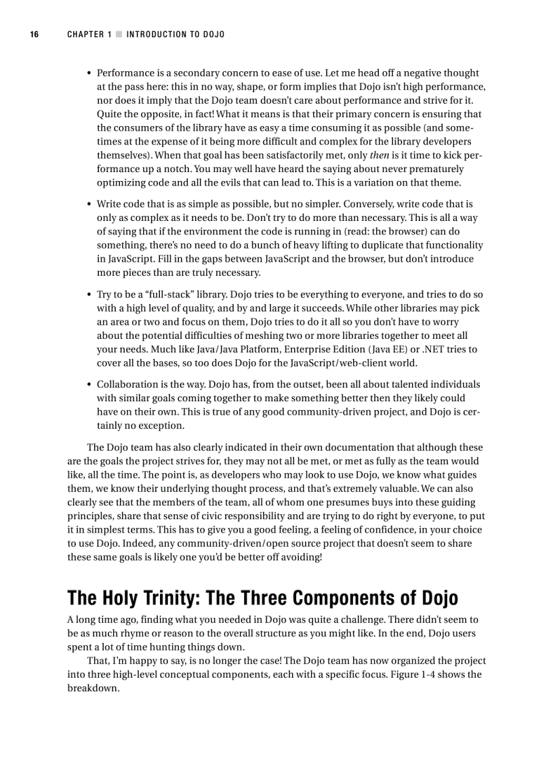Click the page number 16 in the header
(34, 35)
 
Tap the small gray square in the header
(118, 35)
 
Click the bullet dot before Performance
(89, 73)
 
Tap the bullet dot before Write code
(89, 204)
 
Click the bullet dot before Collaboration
(89, 384)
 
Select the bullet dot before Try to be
(89, 295)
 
